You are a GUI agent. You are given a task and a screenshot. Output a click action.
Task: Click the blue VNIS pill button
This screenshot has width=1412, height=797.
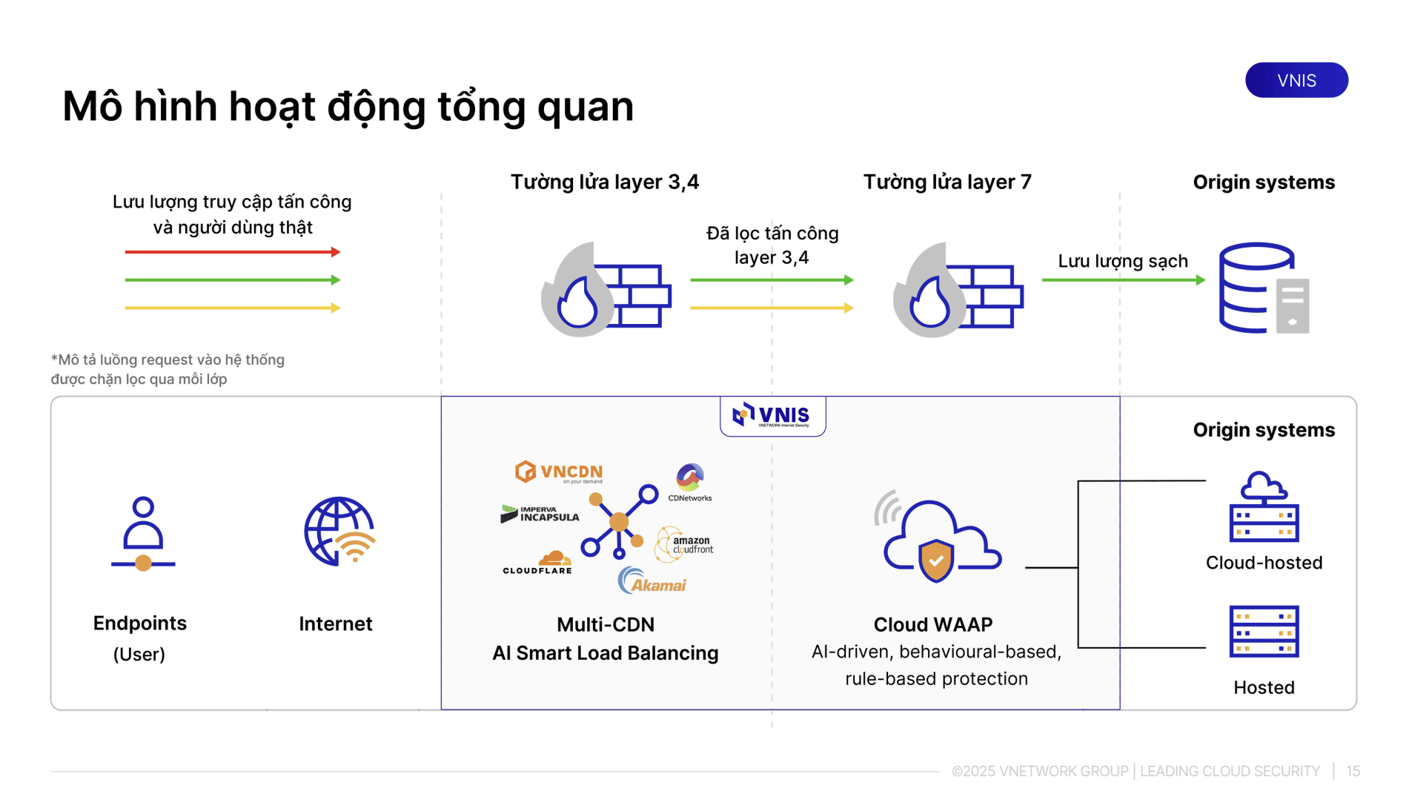[x=1296, y=80]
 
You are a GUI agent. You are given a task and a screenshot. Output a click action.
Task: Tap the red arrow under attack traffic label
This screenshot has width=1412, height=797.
[x=232, y=252]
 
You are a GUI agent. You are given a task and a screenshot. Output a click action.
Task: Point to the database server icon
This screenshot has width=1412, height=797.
[x=1264, y=288]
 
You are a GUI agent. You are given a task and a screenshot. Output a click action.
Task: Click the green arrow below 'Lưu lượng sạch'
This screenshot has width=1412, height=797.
[x=1123, y=280]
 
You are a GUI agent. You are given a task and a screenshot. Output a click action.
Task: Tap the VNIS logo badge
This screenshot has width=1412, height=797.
[x=772, y=416]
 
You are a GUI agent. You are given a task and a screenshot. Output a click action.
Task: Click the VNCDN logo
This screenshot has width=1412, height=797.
[x=559, y=472]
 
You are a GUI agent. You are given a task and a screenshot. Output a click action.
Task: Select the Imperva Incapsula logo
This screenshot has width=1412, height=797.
[x=540, y=514]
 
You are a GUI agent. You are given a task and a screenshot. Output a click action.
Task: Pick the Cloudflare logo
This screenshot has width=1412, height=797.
[x=538, y=563]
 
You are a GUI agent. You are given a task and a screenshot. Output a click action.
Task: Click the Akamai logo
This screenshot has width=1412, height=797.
[x=652, y=581]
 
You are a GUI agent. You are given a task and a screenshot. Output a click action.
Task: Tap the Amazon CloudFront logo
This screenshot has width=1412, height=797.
[x=684, y=545]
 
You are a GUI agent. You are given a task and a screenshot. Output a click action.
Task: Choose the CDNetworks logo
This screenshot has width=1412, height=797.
[x=690, y=483]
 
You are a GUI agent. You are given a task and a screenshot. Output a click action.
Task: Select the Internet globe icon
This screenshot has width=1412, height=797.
[x=339, y=532]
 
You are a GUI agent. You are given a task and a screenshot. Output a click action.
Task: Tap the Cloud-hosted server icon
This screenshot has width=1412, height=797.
[x=1264, y=507]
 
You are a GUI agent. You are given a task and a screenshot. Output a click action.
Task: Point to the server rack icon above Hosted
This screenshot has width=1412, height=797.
[x=1264, y=632]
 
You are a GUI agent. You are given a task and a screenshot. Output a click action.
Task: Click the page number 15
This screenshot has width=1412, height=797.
[x=1353, y=771]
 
